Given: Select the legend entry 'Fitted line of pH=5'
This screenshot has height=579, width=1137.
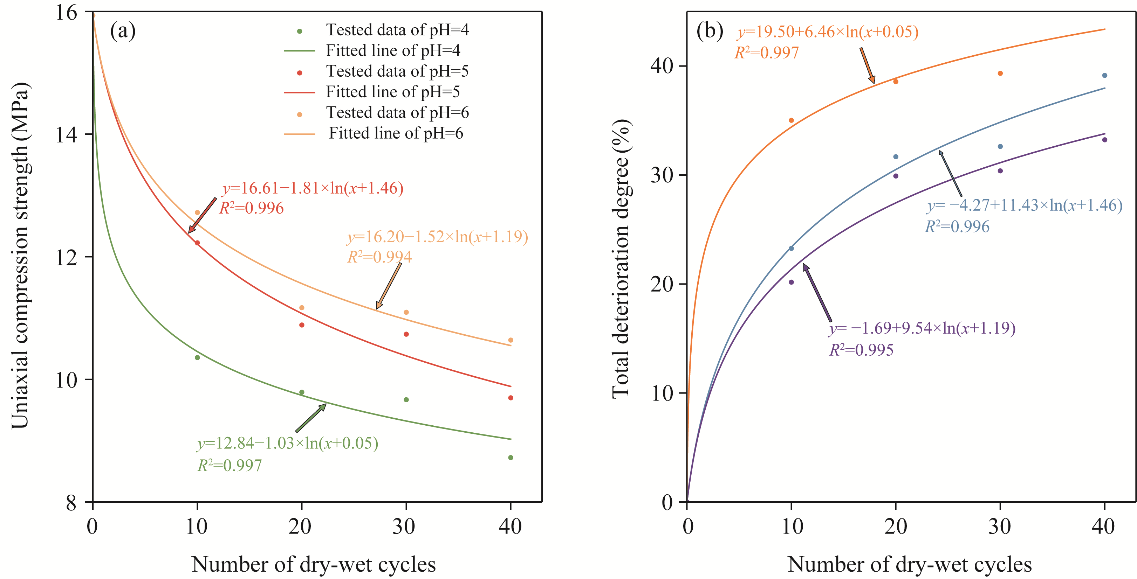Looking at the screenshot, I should coord(392,92).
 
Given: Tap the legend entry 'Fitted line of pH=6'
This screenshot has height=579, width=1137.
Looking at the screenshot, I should coord(396,133).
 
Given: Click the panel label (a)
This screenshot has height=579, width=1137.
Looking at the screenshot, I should coord(123,31).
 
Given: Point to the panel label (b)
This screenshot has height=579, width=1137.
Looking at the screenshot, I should coord(709,31).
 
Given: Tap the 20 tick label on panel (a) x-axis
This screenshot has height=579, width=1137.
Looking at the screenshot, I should coord(301,526).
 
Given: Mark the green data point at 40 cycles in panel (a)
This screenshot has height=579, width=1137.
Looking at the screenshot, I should coord(511,458).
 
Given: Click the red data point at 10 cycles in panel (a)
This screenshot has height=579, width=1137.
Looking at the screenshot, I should coord(197,243).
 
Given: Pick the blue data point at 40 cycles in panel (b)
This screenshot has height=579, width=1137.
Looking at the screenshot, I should coord(1105,75).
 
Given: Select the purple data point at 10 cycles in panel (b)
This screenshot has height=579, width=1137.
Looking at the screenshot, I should coord(792,282).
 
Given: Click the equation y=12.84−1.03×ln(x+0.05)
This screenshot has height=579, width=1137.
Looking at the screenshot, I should coord(288,443).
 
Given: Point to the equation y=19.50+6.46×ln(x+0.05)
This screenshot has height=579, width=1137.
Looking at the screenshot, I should coord(828,32).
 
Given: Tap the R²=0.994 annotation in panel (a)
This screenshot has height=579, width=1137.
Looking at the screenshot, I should coord(379,257).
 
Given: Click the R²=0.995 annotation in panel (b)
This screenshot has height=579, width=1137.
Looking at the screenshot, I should coord(861,350).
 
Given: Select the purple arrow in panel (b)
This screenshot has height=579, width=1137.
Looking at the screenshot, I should coord(817,292).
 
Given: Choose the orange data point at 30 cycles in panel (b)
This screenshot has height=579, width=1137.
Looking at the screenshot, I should coord(1000,73).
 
